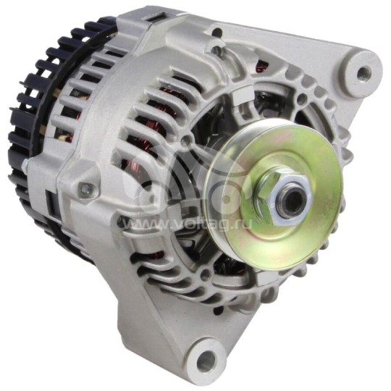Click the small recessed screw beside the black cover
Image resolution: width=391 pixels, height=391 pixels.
[86, 190]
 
